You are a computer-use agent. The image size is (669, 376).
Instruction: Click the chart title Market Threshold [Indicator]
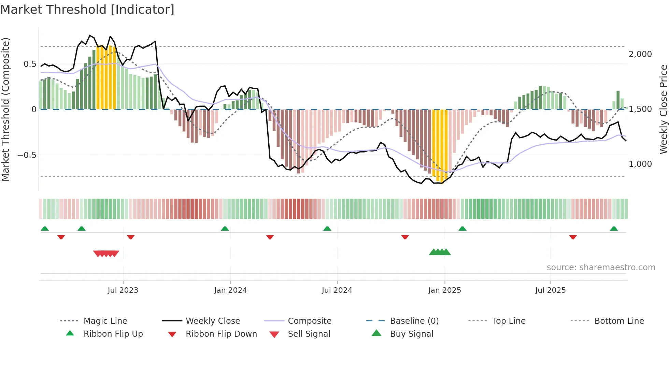coord(87,10)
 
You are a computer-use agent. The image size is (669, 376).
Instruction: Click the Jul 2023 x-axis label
coord(123,290)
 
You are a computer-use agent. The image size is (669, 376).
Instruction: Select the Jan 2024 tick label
coord(230,290)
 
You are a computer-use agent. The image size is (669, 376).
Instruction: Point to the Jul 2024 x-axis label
coord(337,290)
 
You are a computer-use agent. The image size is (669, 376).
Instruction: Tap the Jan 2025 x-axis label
coord(444,290)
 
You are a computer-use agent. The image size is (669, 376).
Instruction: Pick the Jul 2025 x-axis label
coord(550,290)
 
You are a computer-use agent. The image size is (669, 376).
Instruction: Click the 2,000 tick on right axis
coord(640,54)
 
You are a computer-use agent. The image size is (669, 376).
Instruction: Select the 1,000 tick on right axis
coord(640,164)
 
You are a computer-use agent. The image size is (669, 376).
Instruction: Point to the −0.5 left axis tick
coord(27,155)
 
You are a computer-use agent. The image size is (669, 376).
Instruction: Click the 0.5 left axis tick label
coord(30,64)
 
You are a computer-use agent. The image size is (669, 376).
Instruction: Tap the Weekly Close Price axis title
coord(663,109)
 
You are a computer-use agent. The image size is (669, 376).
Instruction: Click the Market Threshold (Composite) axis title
coord(5,109)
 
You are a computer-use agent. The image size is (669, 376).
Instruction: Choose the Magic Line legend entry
coord(105,321)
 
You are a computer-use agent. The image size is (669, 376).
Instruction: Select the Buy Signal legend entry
coord(411,334)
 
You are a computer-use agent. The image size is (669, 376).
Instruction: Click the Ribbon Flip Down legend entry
coord(221,334)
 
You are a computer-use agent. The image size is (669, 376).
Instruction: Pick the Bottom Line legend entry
coord(619,321)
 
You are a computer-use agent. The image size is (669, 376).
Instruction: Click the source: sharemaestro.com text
coord(601,267)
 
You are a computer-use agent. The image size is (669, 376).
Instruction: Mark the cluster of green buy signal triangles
coord(440,252)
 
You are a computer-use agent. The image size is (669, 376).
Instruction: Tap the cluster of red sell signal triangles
coord(106,254)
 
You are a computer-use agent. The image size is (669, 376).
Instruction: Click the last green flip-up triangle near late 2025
coord(614,229)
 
